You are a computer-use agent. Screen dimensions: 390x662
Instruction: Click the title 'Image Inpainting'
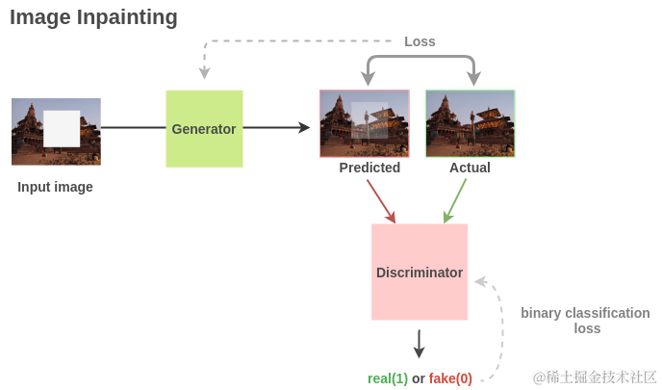[93, 17]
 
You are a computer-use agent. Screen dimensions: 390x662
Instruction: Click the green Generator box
[204, 128]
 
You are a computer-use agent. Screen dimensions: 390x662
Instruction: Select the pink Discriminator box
[420, 272]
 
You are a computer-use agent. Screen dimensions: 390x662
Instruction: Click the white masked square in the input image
[62, 128]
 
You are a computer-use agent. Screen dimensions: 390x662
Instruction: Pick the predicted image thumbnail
[365, 123]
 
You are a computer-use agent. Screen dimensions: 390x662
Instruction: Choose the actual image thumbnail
[470, 123]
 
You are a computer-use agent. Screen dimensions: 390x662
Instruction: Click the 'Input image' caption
[55, 187]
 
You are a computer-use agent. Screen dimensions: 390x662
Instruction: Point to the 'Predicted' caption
[369, 168]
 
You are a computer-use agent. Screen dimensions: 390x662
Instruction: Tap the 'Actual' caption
[470, 168]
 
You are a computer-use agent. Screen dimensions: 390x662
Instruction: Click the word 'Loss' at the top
[420, 41]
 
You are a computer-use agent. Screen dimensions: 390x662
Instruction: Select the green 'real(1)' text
[388, 378]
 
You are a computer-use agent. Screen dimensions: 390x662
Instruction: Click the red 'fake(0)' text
[450, 378]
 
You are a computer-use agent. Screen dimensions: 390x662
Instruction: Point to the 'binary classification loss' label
[585, 321]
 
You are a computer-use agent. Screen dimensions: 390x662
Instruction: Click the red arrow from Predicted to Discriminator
[380, 200]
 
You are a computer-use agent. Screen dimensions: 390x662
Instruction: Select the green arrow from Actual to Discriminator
[455, 200]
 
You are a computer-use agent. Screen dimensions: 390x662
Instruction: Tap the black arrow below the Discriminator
[419, 344]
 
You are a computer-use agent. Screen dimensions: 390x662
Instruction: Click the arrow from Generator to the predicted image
[276, 127]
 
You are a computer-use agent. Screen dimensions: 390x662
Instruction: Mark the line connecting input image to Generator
[133, 127]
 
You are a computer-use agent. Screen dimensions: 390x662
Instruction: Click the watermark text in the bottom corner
[595, 377]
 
